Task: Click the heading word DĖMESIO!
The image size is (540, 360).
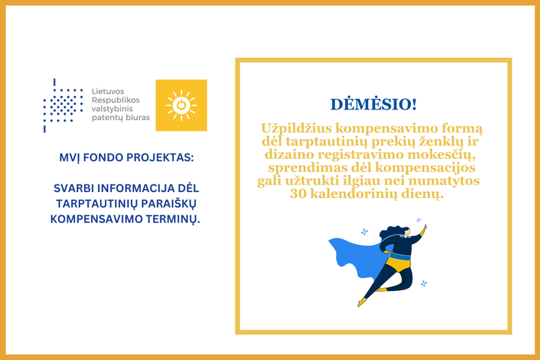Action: [373, 104]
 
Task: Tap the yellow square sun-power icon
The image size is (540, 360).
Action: [181, 105]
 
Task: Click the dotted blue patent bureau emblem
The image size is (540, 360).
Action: [63, 106]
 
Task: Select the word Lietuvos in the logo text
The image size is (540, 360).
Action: [108, 91]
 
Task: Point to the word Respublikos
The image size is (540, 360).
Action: [115, 100]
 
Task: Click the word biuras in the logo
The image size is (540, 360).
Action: [137, 118]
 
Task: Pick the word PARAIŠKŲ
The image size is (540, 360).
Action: [170, 203]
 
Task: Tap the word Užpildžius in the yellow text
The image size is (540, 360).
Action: [296, 129]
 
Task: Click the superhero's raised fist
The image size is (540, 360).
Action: [425, 228]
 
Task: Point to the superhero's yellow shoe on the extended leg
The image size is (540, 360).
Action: [361, 302]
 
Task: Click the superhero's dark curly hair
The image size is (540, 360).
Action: [391, 232]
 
